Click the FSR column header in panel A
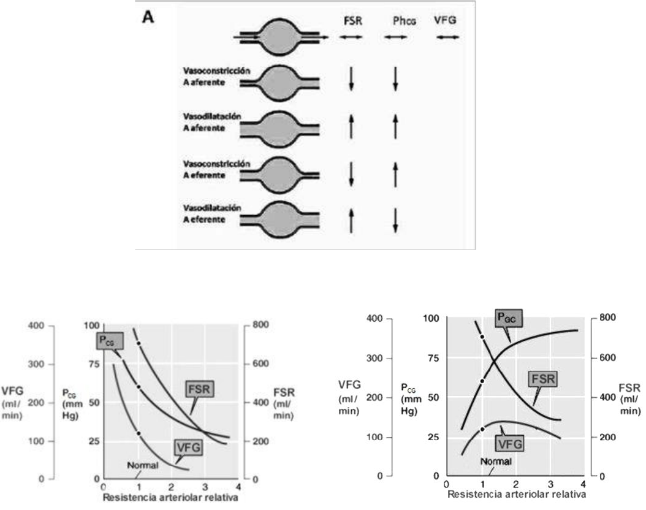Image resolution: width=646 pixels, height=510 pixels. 352,20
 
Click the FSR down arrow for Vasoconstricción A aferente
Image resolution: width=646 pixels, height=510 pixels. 351,78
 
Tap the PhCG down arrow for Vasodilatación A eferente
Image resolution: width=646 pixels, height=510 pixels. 396,219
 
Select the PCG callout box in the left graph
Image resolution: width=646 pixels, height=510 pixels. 106,341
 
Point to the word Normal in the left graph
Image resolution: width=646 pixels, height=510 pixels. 143,465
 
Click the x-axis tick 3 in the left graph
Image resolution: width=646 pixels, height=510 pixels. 205,487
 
